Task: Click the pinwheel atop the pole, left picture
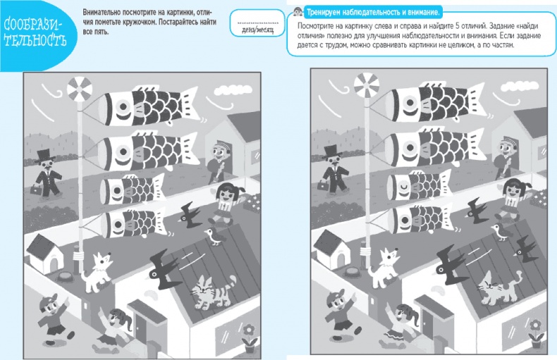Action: pyautogui.click(x=80, y=89)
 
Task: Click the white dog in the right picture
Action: pyautogui.click(x=384, y=268)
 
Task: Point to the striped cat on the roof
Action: pyautogui.click(x=212, y=292)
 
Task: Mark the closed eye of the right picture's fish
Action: pyautogui.click(x=403, y=186)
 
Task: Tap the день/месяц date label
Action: pyautogui.click(x=257, y=30)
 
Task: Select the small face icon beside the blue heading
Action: pyautogui.click(x=298, y=12)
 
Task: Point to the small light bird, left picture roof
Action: pyautogui.click(x=214, y=237)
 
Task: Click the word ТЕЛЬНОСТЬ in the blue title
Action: pyautogui.click(x=35, y=40)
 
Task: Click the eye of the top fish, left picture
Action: pyautogui.click(x=123, y=106)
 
